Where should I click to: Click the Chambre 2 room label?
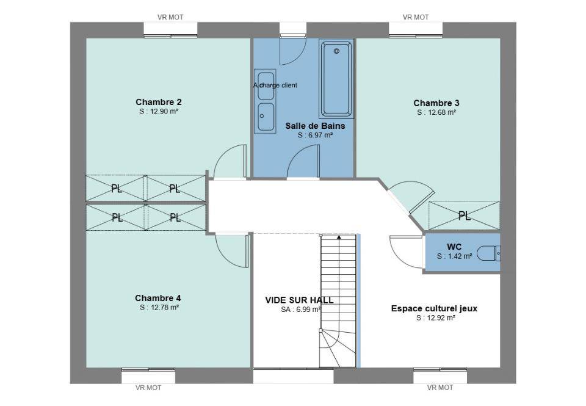click(x=159, y=102)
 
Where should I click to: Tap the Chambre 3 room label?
click(x=436, y=103)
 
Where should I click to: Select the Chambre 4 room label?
click(x=157, y=298)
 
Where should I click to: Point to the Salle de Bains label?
click(x=315, y=126)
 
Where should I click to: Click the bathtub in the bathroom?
click(x=336, y=79)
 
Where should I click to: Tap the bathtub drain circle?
click(x=336, y=51)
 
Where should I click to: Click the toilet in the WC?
click(x=489, y=253)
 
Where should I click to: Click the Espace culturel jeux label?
click(x=434, y=309)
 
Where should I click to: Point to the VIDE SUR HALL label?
click(x=299, y=300)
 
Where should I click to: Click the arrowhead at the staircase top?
click(x=339, y=236)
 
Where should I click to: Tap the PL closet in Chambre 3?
click(x=464, y=216)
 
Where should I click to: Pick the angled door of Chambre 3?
click(x=421, y=202)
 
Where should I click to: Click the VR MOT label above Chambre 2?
click(x=170, y=17)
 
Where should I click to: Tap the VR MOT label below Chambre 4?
click(x=148, y=388)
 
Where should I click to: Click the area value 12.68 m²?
click(x=436, y=112)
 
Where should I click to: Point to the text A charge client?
click(x=275, y=85)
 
